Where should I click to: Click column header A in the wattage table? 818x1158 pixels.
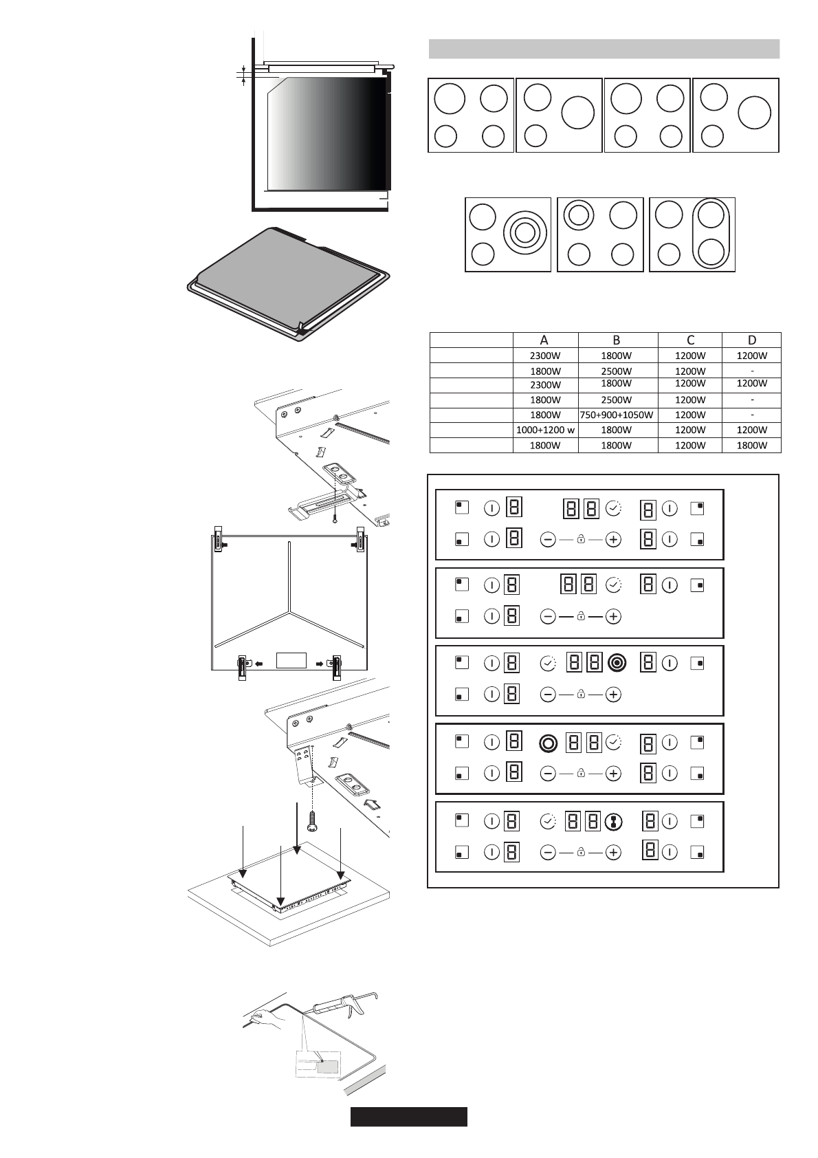[544, 340]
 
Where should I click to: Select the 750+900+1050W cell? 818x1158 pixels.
[617, 415]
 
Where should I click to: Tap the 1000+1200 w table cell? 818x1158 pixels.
[545, 430]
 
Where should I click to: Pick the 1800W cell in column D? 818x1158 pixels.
[751, 446]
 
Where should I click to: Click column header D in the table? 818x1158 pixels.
[751, 340]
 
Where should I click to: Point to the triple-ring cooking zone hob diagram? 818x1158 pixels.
[508, 234]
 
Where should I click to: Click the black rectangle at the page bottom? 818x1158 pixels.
[408, 1117]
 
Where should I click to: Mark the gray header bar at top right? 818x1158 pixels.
[604, 49]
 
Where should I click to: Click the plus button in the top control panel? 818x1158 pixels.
[614, 540]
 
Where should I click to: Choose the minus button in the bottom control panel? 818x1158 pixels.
[547, 853]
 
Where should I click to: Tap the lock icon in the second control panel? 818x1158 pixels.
[581, 617]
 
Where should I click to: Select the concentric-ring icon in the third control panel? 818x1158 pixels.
[617, 663]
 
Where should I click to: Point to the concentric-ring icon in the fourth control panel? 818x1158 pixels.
[548, 743]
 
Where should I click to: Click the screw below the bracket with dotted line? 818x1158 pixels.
[312, 818]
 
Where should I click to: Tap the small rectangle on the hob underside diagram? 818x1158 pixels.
[291, 659]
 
